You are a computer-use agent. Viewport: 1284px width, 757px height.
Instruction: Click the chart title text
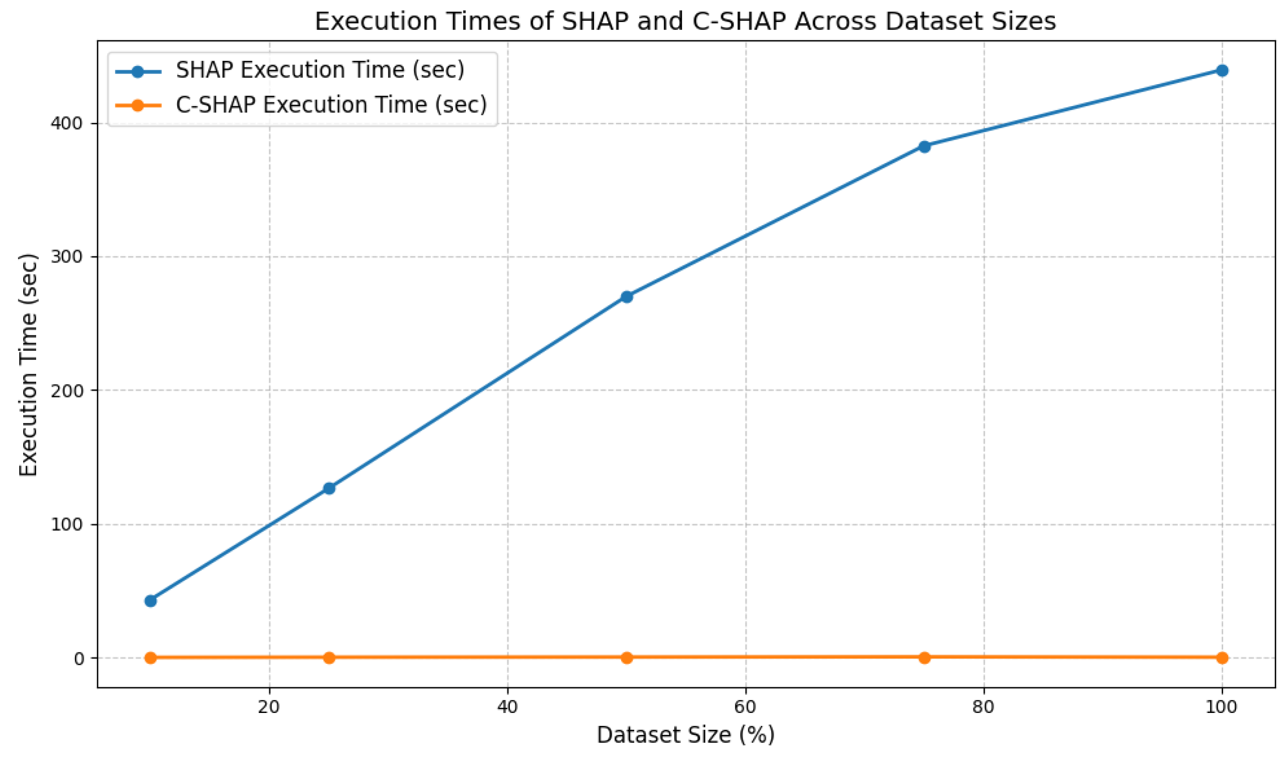coord(685,21)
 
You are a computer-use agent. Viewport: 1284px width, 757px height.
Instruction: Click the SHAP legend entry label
coord(320,70)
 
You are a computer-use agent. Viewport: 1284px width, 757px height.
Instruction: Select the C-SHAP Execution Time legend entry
coord(331,105)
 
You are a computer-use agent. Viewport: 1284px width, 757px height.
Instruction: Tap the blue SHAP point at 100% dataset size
coord(1222,71)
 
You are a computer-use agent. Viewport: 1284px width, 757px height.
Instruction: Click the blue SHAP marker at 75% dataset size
coord(924,147)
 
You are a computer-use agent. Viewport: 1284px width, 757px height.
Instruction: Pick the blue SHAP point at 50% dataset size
coord(627,296)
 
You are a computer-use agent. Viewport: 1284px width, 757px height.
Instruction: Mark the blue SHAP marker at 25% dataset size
coord(329,488)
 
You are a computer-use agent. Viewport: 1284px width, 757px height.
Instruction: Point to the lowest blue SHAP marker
coord(151,601)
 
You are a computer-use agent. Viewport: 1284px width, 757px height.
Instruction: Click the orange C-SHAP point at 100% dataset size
coord(1222,658)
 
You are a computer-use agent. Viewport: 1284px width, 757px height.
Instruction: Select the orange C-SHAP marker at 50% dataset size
coord(627,658)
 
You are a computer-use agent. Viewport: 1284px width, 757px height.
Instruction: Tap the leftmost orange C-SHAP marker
coord(151,658)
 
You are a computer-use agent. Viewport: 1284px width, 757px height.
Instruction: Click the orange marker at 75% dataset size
coord(924,658)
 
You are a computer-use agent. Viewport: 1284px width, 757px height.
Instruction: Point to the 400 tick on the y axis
coord(67,123)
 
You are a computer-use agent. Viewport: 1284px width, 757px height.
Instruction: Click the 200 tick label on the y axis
coord(67,390)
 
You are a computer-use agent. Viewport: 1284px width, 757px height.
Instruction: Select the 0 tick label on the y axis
coord(78,658)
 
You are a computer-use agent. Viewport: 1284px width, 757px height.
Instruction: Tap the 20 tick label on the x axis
coord(269,707)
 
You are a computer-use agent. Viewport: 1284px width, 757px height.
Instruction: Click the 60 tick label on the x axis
coord(745,707)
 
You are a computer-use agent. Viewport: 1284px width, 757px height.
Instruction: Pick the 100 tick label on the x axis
coord(1221,707)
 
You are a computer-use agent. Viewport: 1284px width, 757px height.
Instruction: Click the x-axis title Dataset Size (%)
coord(685,735)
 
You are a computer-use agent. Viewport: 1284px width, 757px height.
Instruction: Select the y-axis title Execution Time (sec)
coord(28,365)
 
